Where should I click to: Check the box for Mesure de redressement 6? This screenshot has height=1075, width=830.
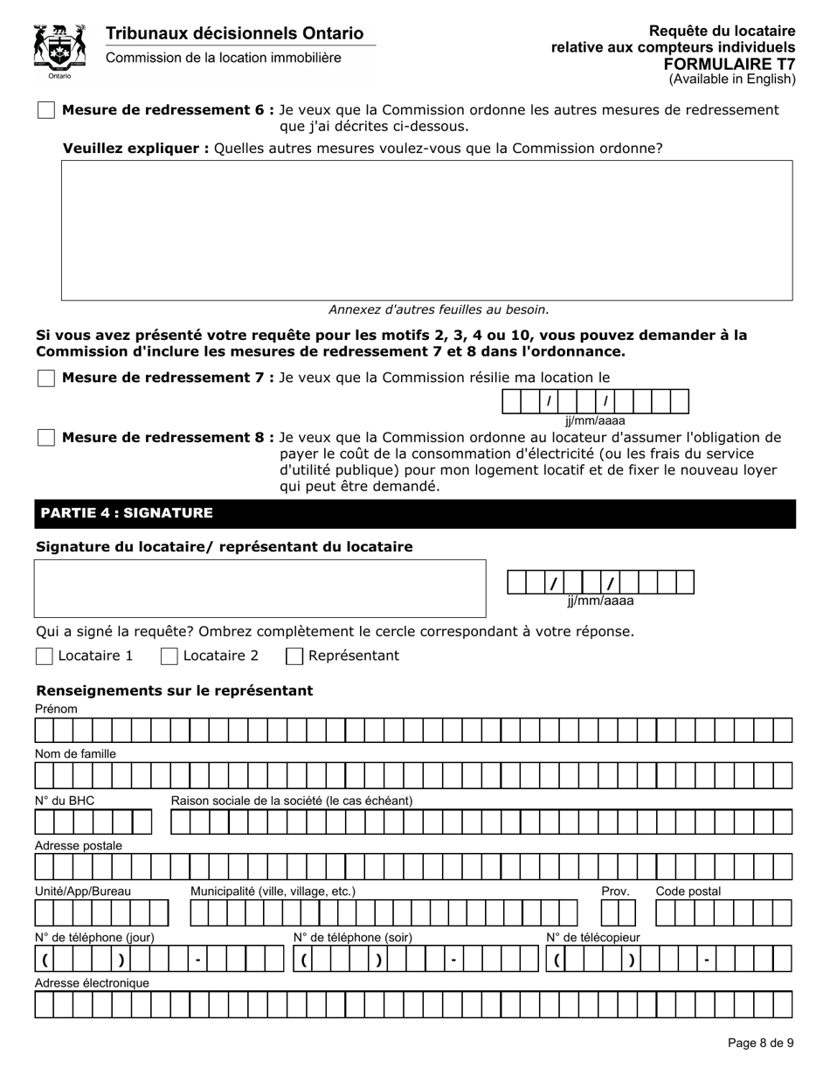pos(46,110)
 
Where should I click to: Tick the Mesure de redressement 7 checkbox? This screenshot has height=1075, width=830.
pos(46,378)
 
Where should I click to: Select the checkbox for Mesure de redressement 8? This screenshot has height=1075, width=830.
pos(46,437)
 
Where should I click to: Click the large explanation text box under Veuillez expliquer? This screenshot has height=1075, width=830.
pos(426,230)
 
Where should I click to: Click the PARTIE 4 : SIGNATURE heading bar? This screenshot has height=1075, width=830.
pos(415,514)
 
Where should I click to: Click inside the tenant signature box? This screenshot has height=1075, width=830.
pos(259,588)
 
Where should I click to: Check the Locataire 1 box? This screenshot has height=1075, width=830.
pos(45,655)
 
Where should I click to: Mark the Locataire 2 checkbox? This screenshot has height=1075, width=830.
pos(170,655)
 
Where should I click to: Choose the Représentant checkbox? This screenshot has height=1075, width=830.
pos(295,655)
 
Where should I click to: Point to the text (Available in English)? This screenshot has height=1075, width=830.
pos(732,80)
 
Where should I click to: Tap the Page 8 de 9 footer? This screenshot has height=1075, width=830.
pos(760,1043)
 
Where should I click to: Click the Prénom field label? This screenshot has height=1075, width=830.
pos(56,709)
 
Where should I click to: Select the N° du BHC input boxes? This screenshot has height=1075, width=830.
pos(93,822)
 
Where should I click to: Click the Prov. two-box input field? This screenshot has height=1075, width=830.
pos(618,912)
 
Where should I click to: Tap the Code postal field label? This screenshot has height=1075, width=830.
pos(688,891)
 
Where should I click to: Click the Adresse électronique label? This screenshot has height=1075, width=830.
pos(92,983)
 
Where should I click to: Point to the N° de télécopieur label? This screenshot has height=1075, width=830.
pos(592,938)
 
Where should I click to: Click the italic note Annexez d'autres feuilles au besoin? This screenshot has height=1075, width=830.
pos(439,309)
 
